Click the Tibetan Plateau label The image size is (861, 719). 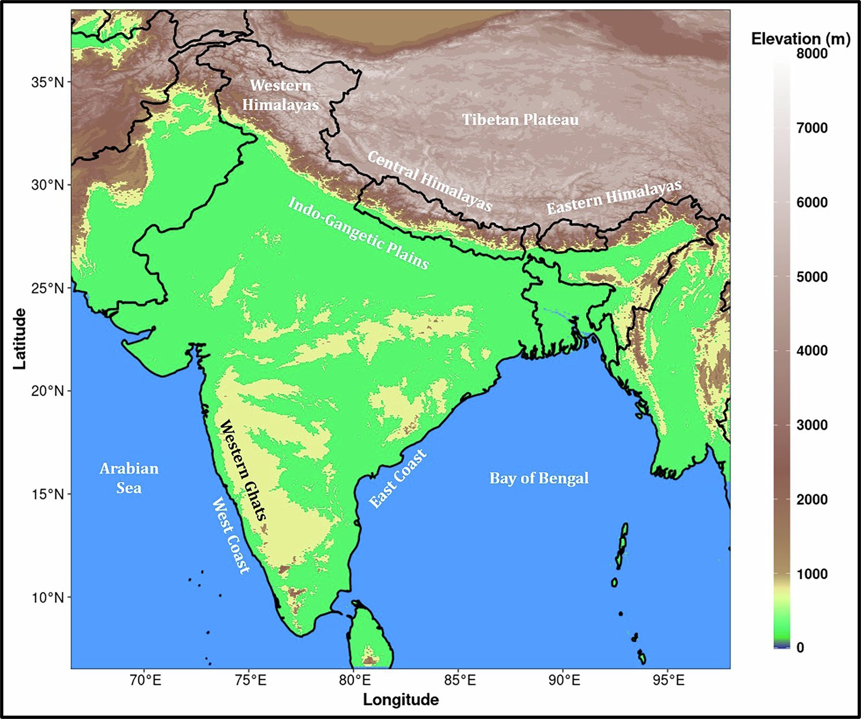520,120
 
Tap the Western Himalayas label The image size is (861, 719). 280,95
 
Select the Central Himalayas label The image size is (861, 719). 429,181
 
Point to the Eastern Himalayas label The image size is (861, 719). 614,197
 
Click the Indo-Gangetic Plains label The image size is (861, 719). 358,233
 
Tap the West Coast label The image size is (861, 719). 231,535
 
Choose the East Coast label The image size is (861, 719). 398,478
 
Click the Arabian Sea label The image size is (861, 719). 129,478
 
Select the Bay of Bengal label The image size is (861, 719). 539,478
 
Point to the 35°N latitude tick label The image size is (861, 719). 47,82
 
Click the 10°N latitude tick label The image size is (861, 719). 47,597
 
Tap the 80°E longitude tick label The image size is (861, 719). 354,680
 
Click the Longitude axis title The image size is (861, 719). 401,700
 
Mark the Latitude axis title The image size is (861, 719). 19,339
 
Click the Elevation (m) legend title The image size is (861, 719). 800,39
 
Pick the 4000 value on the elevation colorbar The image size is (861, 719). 811,351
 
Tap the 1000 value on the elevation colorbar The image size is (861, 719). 811,574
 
